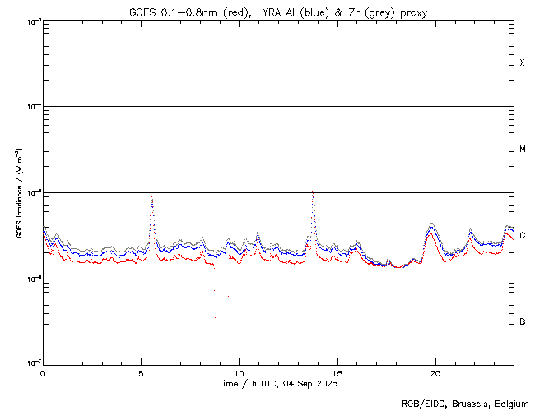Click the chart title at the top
[x=278, y=12]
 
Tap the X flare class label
[x=523, y=63]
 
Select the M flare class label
[x=523, y=150]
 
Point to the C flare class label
[x=523, y=236]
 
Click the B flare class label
[x=523, y=321]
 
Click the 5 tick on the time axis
[x=141, y=372]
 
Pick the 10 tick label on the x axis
[x=239, y=372]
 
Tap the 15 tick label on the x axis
[x=337, y=372]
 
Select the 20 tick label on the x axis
[x=435, y=372]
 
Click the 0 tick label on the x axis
[x=43, y=372]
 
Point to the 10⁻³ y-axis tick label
[x=30, y=21]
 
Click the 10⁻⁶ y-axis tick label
[x=30, y=279]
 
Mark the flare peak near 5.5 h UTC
[x=151, y=196]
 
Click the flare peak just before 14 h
[x=313, y=192]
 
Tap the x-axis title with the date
[x=278, y=384]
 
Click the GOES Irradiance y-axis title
[x=18, y=193]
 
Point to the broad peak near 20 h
[x=431, y=224]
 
